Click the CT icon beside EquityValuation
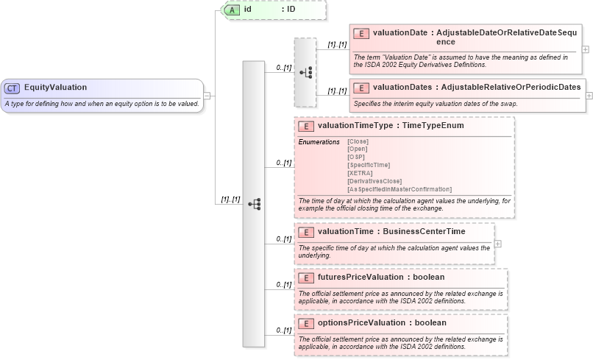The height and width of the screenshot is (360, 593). coord(13,88)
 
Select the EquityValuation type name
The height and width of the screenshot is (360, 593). coord(55,88)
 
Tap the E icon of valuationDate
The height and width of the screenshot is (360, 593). coord(361,33)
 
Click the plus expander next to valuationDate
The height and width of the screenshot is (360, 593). coord(586,49)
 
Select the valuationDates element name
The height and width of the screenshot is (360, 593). coord(402,88)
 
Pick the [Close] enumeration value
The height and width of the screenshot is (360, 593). coord(358,141)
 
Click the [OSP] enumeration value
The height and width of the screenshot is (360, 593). coord(356,157)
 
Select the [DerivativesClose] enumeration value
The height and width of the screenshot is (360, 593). coord(374,181)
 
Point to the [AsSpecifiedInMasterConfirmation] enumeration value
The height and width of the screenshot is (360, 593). coord(400,189)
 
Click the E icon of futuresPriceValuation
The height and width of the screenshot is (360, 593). coord(307,278)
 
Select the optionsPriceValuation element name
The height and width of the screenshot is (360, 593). coord(361,323)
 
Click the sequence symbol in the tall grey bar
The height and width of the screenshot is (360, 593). coord(254,204)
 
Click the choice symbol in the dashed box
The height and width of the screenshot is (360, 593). coord(305,72)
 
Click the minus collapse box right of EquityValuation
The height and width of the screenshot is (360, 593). coord(207,95)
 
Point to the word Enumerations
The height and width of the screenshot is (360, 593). coord(319,141)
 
